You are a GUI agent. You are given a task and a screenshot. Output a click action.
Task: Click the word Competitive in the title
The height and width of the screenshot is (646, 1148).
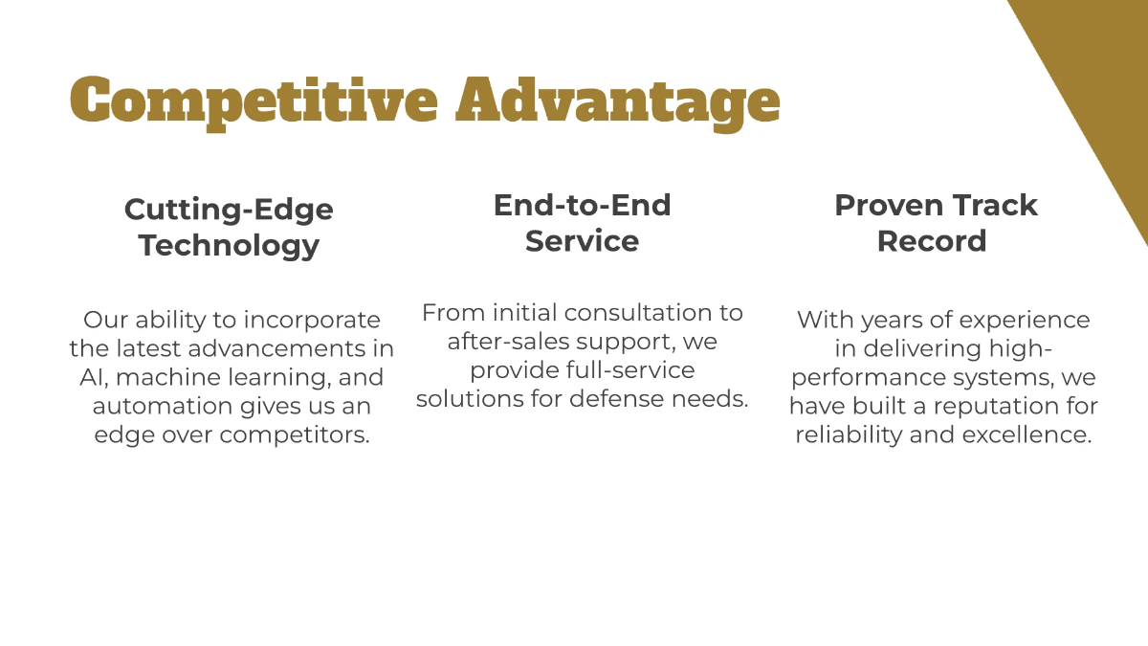254,100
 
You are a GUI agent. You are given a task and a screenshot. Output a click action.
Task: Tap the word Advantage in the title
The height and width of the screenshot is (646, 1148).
617,100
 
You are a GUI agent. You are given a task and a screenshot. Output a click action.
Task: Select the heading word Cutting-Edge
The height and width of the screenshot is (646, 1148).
229,209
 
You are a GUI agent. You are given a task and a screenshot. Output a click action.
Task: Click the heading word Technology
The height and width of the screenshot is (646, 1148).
229,245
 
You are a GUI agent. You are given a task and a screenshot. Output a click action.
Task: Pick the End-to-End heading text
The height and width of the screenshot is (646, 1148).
582,205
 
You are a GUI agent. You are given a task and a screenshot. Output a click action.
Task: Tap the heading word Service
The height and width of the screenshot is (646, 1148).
582,241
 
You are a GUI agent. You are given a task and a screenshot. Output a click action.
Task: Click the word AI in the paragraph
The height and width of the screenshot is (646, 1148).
93,377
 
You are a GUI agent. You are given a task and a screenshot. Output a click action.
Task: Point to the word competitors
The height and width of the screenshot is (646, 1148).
295,434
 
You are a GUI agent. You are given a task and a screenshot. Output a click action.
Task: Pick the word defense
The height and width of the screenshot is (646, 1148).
623,398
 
